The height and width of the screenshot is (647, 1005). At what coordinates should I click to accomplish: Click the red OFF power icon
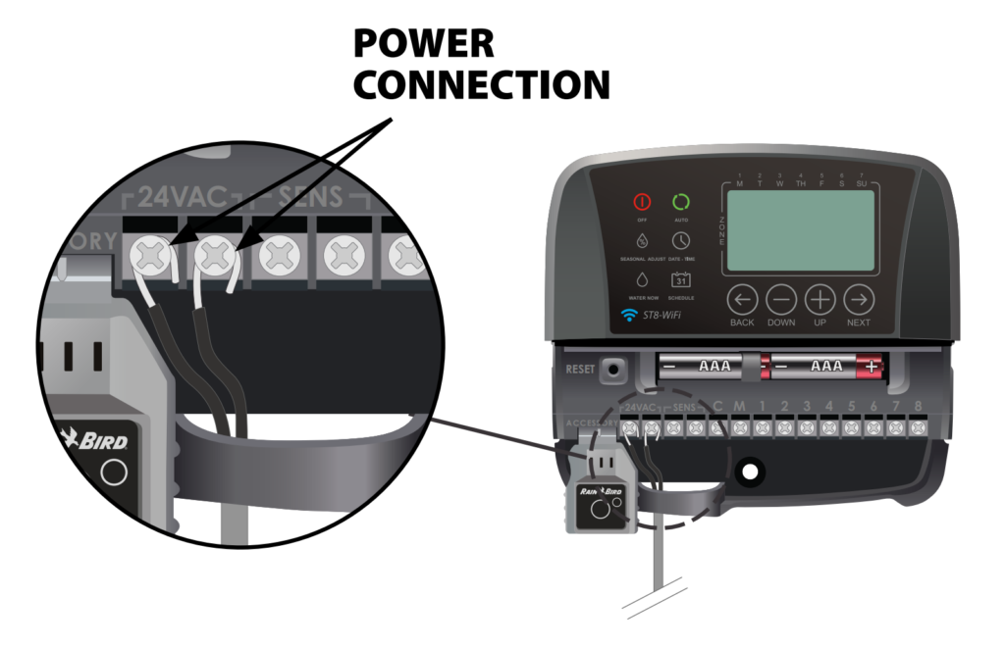click(642, 203)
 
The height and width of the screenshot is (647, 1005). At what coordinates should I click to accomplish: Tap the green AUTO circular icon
click(680, 203)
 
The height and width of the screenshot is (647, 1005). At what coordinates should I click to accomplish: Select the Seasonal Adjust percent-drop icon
click(642, 240)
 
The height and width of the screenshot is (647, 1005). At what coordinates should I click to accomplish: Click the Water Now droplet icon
click(642, 280)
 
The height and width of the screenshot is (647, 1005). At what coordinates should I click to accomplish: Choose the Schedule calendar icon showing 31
click(680, 279)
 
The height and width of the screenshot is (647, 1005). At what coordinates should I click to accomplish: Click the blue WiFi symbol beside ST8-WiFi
click(629, 316)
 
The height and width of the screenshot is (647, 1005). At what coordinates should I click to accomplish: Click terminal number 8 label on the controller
click(919, 406)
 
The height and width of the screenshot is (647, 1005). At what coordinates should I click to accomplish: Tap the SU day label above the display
click(862, 183)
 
